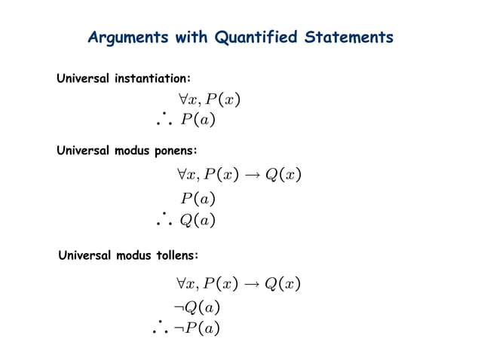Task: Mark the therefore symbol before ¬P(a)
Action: (x=161, y=326)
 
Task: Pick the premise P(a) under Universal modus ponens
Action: (x=198, y=199)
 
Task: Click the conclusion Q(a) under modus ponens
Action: (x=198, y=221)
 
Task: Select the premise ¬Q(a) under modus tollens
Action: (x=196, y=307)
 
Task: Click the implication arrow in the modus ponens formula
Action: (x=250, y=175)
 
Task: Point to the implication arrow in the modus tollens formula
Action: (x=250, y=284)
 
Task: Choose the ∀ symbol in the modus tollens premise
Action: (x=181, y=284)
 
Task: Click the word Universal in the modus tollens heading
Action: (x=85, y=256)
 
